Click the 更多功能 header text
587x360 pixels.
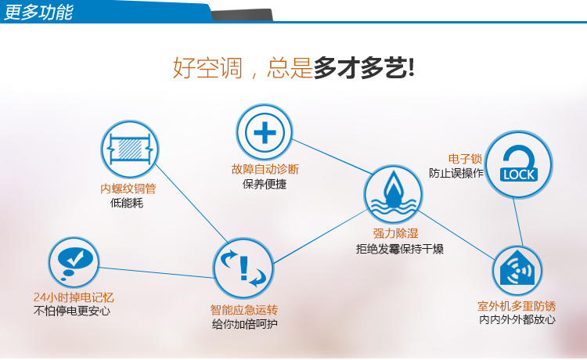coord(38,12)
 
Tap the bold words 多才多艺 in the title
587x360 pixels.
coord(363,68)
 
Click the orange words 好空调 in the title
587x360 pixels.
coord(207,68)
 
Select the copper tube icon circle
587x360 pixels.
coord(129,149)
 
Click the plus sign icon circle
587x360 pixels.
coord(265,132)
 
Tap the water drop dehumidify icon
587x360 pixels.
coord(393,194)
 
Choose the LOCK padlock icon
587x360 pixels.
coord(519,164)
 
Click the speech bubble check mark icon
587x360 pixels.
coord(74,262)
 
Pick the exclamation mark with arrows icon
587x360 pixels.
coord(243,268)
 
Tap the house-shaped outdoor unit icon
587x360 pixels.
coord(517,270)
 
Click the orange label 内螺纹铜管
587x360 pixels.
coord(128,189)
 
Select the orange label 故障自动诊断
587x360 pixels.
coord(265,170)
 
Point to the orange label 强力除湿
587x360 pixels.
coord(395,233)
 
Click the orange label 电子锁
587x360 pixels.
coord(465,159)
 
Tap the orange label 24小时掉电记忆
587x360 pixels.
coord(74,297)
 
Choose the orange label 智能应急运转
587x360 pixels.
coord(244,310)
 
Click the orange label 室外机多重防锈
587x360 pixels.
coord(517,306)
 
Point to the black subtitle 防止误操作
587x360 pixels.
coord(456,173)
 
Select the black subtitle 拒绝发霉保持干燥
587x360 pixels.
coord(400,249)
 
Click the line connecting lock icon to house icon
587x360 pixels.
coord(518,222)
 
